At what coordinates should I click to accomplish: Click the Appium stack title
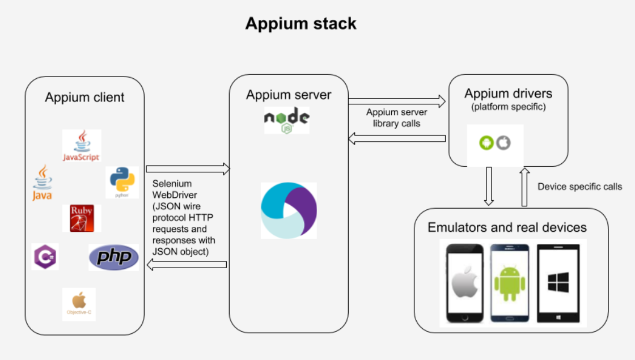[x=301, y=23]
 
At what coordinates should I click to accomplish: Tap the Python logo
[x=122, y=182]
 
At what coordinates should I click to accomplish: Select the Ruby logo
[x=82, y=218]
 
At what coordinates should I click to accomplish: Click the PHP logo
[x=114, y=257]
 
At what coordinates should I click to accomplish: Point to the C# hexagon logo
[x=45, y=256]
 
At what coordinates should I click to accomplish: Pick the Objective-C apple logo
[x=79, y=304]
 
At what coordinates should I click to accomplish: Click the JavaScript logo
[x=82, y=145]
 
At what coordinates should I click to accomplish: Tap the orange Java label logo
[x=43, y=182]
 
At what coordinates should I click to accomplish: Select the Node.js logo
[x=287, y=120]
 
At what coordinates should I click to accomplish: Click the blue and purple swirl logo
[x=289, y=210]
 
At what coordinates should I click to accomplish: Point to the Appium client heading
[x=84, y=97]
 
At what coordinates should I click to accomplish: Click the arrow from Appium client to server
[x=188, y=168]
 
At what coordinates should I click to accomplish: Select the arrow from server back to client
[x=187, y=265]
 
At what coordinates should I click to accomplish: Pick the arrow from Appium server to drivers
[x=397, y=101]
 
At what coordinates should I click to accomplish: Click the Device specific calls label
[x=579, y=187]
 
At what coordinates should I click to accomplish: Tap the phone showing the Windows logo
[x=558, y=283]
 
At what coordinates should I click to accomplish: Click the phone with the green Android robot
[x=510, y=283]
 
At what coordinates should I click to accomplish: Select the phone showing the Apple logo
[x=465, y=283]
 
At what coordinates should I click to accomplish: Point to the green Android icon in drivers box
[x=486, y=142]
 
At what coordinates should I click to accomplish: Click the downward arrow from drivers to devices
[x=489, y=186]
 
